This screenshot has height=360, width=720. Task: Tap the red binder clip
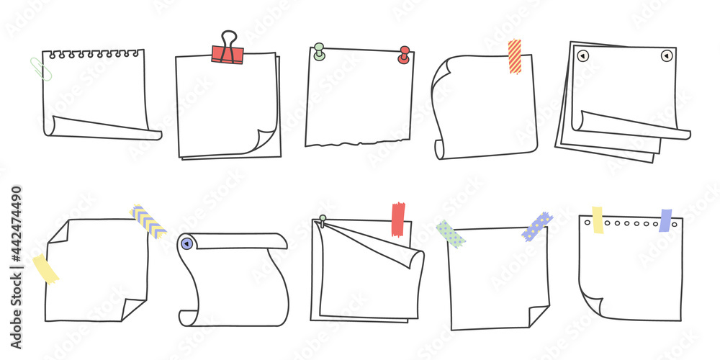[228, 52]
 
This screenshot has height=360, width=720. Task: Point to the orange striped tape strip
[514, 56]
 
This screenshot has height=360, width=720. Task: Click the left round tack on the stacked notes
[583, 55]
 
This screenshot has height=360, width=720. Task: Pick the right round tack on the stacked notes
[667, 55]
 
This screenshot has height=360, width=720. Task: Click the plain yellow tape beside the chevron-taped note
[45, 268]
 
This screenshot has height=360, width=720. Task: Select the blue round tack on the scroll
[186, 244]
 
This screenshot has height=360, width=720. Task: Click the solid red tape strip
[397, 220]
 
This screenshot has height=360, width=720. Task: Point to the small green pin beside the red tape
[323, 219]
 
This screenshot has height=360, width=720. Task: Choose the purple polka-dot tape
[537, 226]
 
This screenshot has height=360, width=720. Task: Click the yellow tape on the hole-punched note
[598, 220]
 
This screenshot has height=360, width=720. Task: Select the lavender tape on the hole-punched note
[665, 220]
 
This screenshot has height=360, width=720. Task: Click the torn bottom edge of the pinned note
[356, 142]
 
